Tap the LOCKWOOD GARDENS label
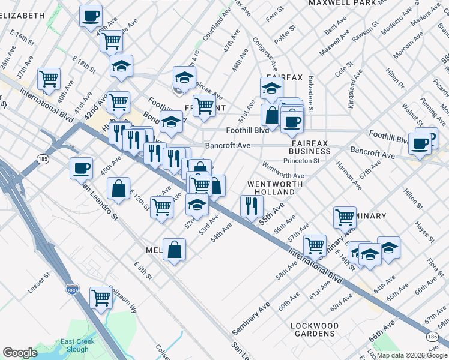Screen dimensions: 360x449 (315, 329)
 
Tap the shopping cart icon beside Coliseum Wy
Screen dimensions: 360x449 (101, 296)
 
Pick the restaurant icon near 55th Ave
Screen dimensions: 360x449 (251, 206)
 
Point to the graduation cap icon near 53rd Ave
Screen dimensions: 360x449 (197, 204)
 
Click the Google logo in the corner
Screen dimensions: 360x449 (20, 353)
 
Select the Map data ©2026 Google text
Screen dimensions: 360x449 (412, 355)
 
